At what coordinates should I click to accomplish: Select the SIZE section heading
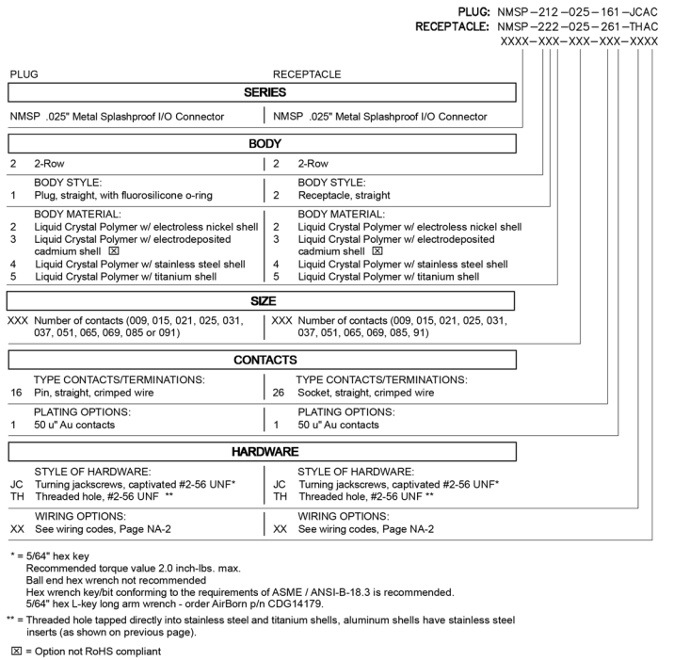tap(262, 301)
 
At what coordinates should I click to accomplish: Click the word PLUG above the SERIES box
tap(24, 74)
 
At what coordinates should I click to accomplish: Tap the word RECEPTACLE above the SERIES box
tap(307, 74)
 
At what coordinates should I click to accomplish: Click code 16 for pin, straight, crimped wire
tap(16, 393)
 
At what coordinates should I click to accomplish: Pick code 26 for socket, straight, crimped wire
tap(280, 393)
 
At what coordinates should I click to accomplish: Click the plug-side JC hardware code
tap(16, 483)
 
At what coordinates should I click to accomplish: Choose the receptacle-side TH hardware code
tap(280, 496)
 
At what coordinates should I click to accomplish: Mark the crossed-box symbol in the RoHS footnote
tap(15, 651)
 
